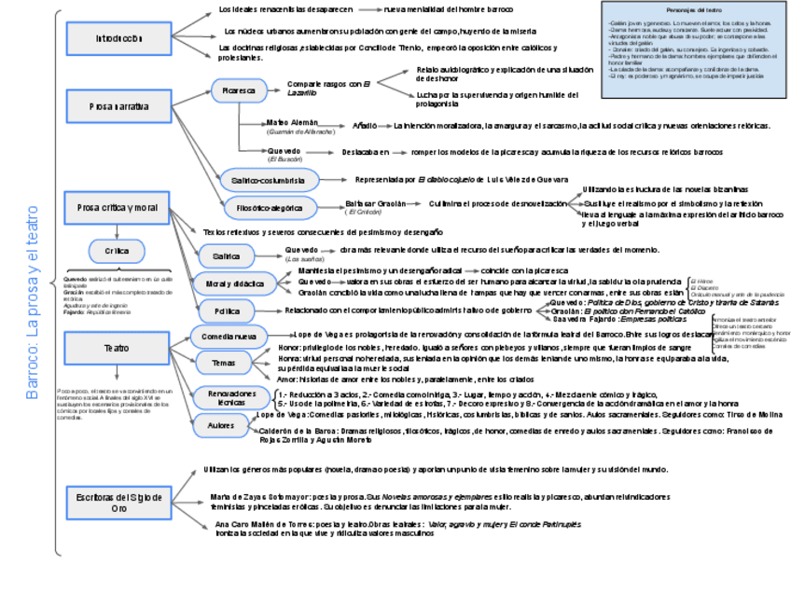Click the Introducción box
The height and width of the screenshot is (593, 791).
[x=118, y=39]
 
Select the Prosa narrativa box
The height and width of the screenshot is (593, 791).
[x=118, y=107]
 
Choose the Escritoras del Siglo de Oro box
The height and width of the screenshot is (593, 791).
[x=118, y=503]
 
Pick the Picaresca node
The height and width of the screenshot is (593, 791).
[x=238, y=91]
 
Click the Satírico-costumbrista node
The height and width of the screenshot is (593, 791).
[x=269, y=179]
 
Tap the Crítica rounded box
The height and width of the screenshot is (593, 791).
[x=117, y=251]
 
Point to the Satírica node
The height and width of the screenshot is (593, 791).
[x=225, y=255]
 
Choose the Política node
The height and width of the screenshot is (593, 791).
[x=227, y=310]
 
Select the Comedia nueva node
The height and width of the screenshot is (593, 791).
[x=229, y=336]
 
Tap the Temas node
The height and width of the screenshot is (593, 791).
[x=224, y=363]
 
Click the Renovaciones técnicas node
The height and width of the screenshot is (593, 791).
[x=224, y=397]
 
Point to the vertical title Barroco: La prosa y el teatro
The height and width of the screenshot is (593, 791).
[x=33, y=303]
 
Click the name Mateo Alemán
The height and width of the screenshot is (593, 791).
[x=292, y=123]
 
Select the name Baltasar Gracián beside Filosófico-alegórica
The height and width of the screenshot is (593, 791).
[x=376, y=203]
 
